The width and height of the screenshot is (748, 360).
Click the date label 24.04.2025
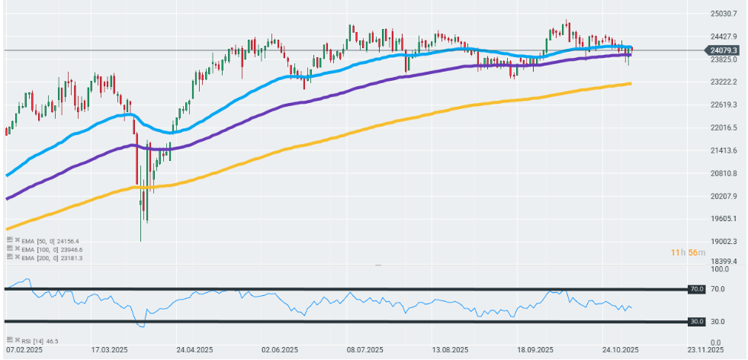[194, 351]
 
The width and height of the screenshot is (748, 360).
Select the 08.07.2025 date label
[364, 351]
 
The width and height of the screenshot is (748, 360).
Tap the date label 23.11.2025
[705, 351]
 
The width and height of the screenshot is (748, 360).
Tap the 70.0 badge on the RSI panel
[696, 290]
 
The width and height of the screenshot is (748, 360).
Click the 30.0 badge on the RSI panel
[696, 322]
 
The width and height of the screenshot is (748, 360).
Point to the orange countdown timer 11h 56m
[682, 252]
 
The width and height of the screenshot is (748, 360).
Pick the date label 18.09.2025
[535, 351]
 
